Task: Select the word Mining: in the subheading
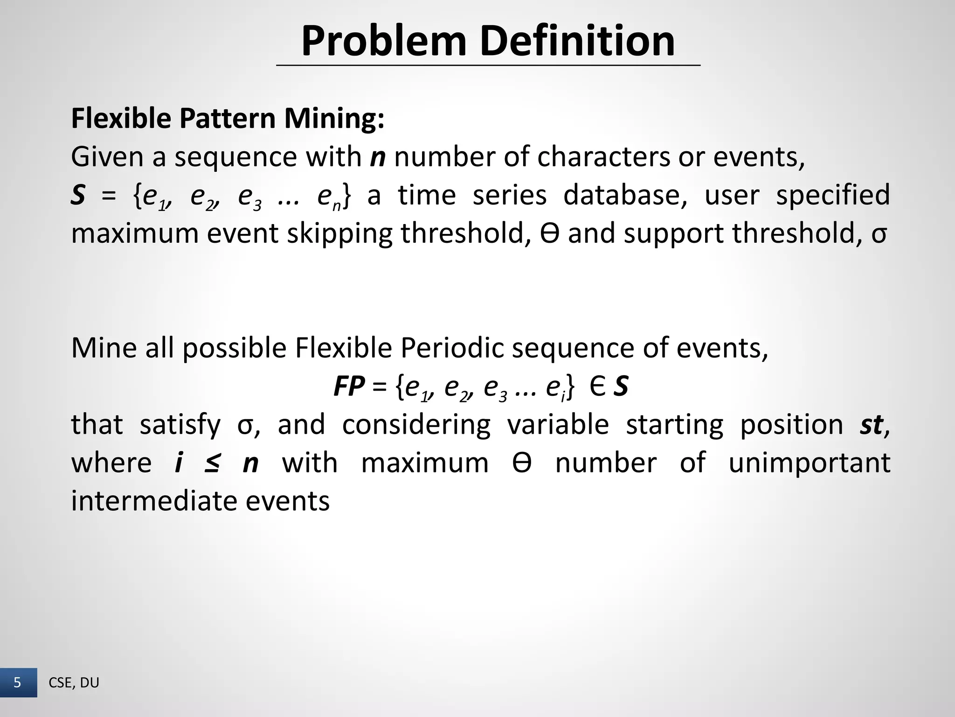(334, 119)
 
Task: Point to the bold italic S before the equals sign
(78, 195)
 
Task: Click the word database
(625, 195)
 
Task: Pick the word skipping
(339, 233)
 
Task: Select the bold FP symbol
(349, 387)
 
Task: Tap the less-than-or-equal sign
(212, 463)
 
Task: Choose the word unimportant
(809, 463)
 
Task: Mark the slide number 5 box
(18, 683)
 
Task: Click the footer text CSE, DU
(74, 683)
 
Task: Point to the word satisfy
(180, 425)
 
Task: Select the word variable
(558, 425)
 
